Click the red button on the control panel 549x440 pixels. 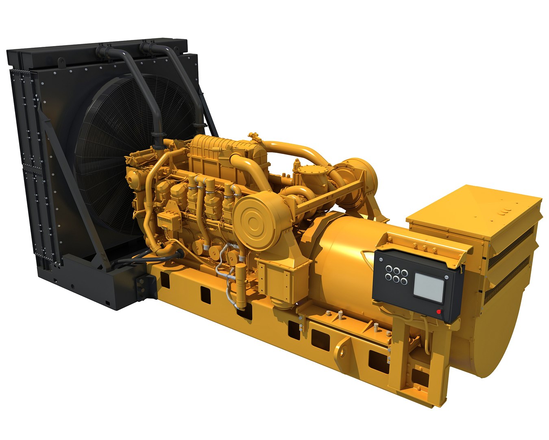pyautogui.click(x=439, y=312)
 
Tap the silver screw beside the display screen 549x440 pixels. pyautogui.click(x=447, y=278)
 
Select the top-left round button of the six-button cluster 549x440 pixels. pyautogui.click(x=389, y=269)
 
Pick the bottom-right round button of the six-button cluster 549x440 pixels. pyautogui.click(x=403, y=281)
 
